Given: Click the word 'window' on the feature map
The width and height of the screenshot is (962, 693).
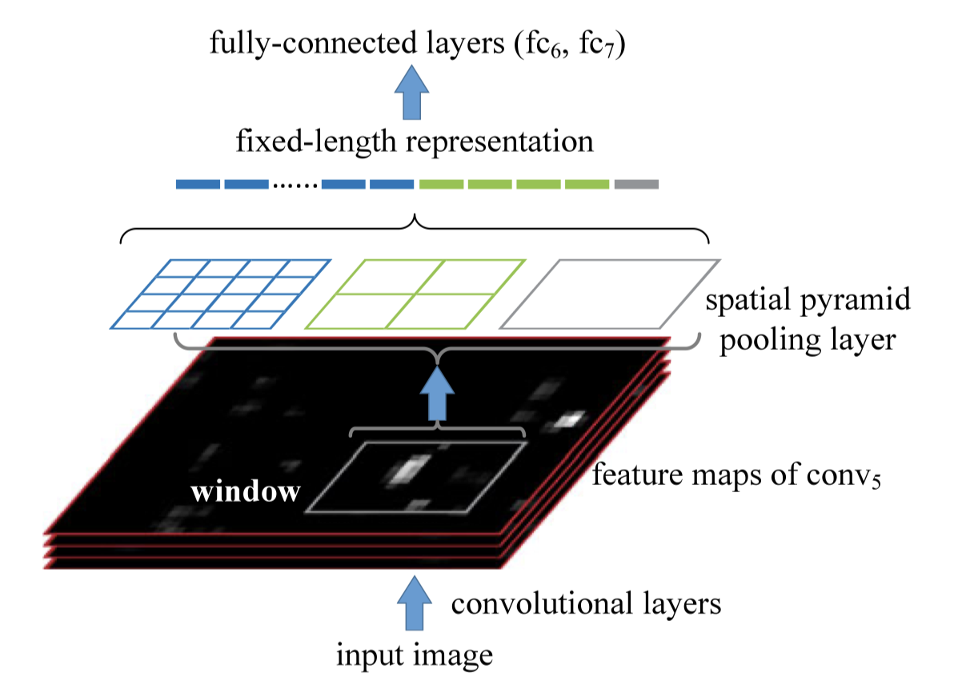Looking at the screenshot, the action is pyautogui.click(x=245, y=491).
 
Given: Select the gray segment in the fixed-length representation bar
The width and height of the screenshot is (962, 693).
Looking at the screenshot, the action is pyautogui.click(x=636, y=184).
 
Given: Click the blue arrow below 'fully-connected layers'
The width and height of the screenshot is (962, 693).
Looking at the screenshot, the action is pyautogui.click(x=411, y=92).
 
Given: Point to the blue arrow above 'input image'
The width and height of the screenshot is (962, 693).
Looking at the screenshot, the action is pyautogui.click(x=415, y=603).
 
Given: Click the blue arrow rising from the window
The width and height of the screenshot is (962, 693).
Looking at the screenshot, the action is pyautogui.click(x=437, y=395).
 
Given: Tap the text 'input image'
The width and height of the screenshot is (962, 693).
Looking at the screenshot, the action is pyautogui.click(x=415, y=655).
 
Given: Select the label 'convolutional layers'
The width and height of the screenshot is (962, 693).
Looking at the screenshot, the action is pyautogui.click(x=586, y=603).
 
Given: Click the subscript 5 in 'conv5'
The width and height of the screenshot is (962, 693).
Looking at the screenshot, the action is pyautogui.click(x=876, y=483).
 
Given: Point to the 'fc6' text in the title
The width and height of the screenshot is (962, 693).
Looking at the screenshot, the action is pyautogui.click(x=543, y=45).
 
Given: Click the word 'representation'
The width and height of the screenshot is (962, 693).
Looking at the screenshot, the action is pyautogui.click(x=500, y=142).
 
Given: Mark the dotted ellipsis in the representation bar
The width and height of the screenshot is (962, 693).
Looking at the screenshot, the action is pyautogui.click(x=295, y=186).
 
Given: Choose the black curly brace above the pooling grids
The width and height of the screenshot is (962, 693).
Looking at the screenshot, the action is pyautogui.click(x=415, y=222).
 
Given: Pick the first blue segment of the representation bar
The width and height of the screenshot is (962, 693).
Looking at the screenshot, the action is pyautogui.click(x=198, y=184).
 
